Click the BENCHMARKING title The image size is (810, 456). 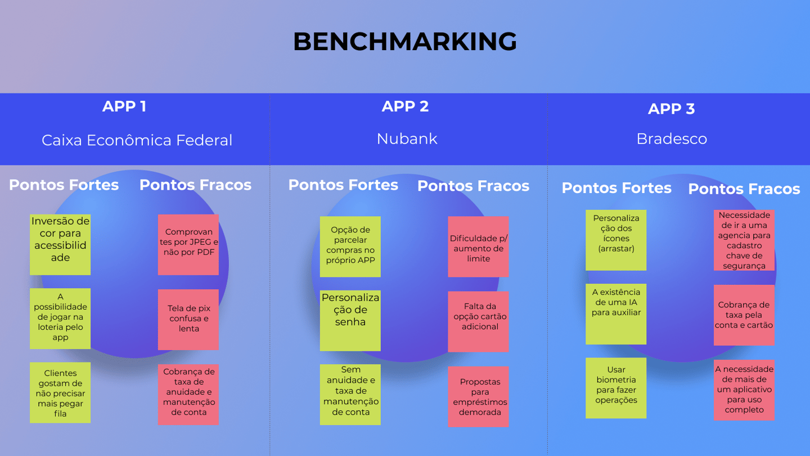click(405, 41)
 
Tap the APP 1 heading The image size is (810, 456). click(124, 106)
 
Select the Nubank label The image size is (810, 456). click(407, 139)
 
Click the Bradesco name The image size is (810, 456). click(672, 139)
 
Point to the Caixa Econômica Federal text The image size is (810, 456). click(137, 140)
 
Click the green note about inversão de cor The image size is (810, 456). click(60, 245)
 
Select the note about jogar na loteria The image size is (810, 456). click(60, 319)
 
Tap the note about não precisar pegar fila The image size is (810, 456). click(60, 393)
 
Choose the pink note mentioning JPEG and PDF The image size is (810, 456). click(188, 245)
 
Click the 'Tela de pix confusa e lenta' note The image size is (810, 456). click(188, 320)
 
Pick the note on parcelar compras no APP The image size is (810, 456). click(350, 247)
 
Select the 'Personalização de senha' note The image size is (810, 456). click(350, 321)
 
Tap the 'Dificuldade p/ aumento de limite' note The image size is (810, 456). click(478, 247)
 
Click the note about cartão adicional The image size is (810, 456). click(478, 322)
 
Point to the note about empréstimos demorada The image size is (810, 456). click(478, 397)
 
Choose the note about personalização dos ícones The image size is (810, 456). click(616, 240)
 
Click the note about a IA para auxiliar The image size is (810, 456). click(616, 314)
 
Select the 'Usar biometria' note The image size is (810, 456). click(616, 388)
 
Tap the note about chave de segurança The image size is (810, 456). click(744, 240)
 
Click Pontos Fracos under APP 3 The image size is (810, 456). click(744, 189)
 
